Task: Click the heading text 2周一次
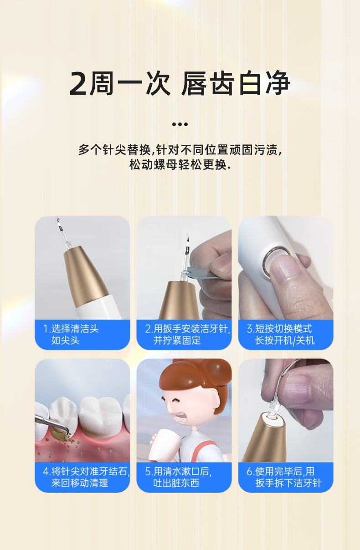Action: [x=120, y=84]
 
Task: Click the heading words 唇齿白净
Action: [x=236, y=84]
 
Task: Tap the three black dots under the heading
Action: [x=180, y=124]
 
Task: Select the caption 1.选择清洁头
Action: [x=71, y=329]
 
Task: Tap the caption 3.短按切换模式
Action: [x=279, y=329]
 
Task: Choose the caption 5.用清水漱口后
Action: [x=178, y=471]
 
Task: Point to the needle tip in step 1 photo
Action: [x=58, y=220]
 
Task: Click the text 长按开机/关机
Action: [x=285, y=341]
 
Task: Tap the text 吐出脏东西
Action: [x=176, y=483]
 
